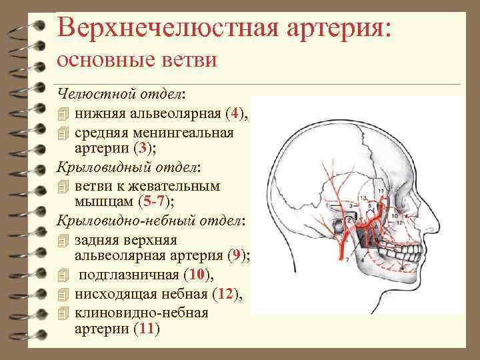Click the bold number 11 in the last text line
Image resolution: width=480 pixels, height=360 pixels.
click(146, 329)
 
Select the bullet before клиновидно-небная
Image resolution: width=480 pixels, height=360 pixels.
click(63, 312)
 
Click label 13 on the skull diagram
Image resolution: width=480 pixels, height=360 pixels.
click(362, 199)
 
